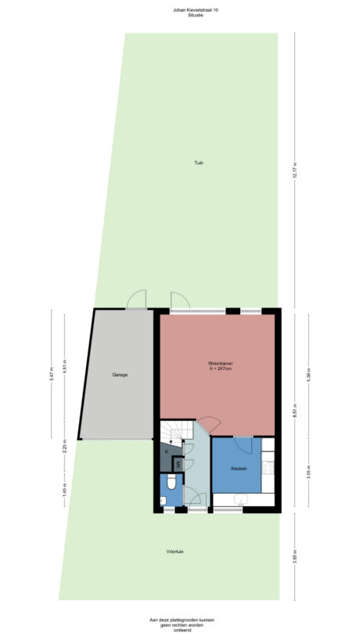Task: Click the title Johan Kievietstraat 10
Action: [185, 9]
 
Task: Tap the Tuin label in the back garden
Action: [200, 163]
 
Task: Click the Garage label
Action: [119, 375]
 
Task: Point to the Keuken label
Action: [238, 468]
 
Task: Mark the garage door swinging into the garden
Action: [137, 299]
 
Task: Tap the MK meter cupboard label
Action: [178, 465]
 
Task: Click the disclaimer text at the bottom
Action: [182, 624]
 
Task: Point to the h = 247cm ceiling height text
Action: [220, 369]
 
